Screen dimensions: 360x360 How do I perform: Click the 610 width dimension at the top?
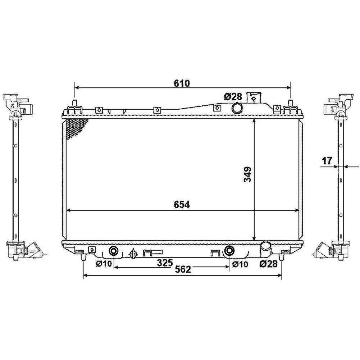click(x=182, y=83)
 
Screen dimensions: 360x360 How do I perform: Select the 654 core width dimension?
click(x=182, y=205)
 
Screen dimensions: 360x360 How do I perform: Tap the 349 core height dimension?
click(x=247, y=174)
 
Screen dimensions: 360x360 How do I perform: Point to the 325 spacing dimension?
click(x=165, y=263)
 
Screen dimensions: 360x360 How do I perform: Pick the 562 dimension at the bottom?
click(x=183, y=269)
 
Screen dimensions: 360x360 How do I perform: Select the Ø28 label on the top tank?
click(x=233, y=97)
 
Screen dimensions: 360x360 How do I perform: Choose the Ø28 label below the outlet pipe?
click(x=268, y=264)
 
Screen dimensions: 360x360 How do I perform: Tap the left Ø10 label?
click(x=104, y=264)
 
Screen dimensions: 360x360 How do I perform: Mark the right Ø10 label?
click(x=240, y=264)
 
